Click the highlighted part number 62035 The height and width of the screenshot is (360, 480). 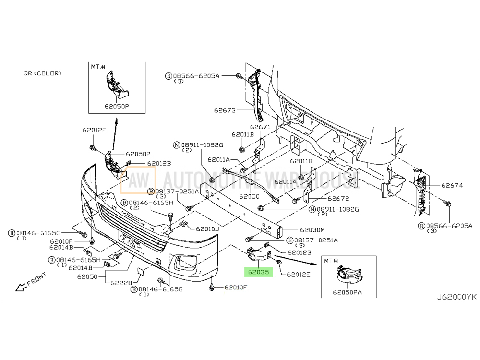tap(258, 272)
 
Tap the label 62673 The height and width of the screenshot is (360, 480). tap(225, 110)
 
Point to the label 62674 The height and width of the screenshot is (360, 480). tap(452, 185)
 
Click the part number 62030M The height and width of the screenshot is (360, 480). tap(312, 230)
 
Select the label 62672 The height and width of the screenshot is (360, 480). tap(338, 198)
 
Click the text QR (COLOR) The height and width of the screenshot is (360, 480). tap(42, 73)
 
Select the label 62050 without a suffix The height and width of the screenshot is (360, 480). tap(88, 277)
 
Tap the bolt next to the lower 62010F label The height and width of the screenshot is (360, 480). tap(212, 287)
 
